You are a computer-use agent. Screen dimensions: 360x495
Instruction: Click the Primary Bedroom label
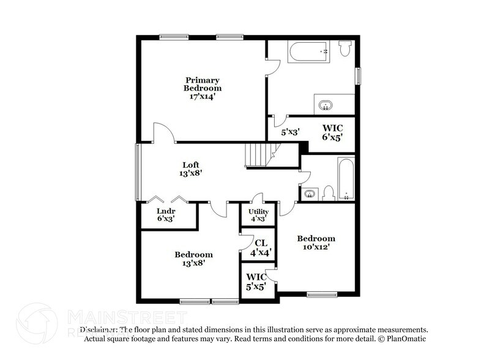[x=203, y=88]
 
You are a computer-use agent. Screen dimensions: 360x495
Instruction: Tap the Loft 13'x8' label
[x=192, y=169]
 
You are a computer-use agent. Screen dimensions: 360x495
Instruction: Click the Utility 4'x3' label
[x=258, y=216]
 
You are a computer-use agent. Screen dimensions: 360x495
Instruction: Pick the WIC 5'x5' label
[x=256, y=281]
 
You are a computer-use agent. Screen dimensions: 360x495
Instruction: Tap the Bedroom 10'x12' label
[x=316, y=242]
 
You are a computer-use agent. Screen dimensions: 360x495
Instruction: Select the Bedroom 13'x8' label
[x=193, y=258]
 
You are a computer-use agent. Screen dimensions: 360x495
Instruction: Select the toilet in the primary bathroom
[x=344, y=48]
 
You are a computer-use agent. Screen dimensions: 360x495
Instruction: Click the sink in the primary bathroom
[x=325, y=103]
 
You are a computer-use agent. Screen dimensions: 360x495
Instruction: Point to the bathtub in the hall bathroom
[x=346, y=178]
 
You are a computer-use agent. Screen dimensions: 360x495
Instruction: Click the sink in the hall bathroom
[x=310, y=194]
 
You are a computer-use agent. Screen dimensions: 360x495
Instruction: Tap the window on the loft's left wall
[x=138, y=171]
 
